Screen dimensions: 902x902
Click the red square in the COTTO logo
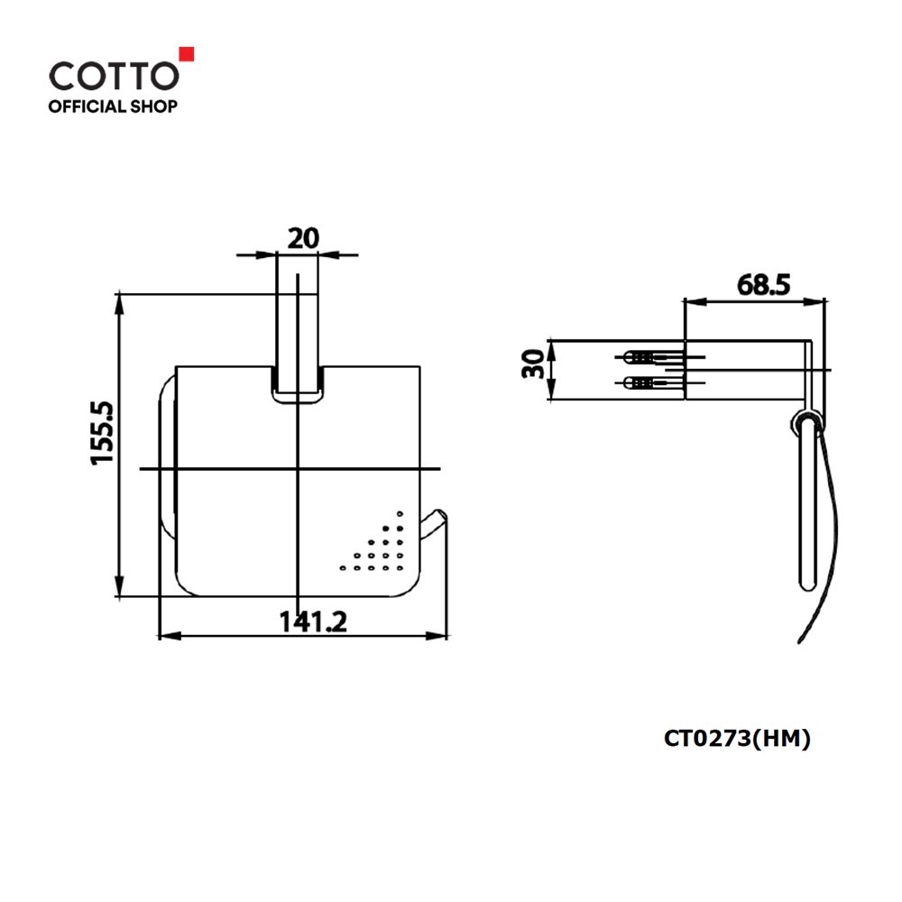click(x=187, y=54)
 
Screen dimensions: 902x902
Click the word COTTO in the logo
click(x=114, y=76)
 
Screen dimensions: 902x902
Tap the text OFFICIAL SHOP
click(x=113, y=106)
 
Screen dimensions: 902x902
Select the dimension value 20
click(x=303, y=238)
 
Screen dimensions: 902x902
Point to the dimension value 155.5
click(x=104, y=434)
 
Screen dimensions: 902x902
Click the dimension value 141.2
click(x=314, y=621)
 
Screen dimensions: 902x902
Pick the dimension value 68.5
click(x=763, y=285)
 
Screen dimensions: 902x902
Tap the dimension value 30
click(x=533, y=364)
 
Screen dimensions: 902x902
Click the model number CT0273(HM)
click(x=737, y=738)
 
